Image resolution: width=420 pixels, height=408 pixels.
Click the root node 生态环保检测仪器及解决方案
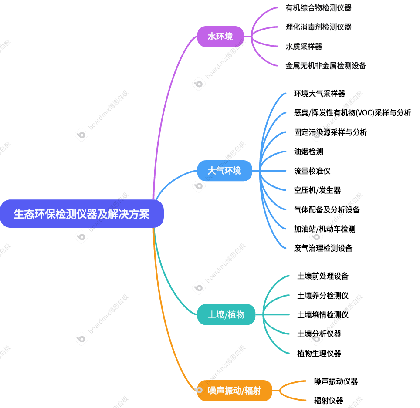point(82,214)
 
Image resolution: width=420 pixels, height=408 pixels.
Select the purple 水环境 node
point(220,37)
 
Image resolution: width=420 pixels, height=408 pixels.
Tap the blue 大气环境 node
point(224,171)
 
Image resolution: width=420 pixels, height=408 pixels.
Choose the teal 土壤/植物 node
point(226,314)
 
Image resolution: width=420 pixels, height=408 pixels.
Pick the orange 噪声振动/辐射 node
point(234,391)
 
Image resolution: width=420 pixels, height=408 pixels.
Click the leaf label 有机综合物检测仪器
point(318,8)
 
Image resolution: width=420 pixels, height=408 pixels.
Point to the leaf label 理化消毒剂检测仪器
point(318,27)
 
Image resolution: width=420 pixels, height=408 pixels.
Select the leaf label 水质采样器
point(304,47)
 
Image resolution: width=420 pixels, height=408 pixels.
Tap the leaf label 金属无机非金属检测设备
point(325,66)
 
